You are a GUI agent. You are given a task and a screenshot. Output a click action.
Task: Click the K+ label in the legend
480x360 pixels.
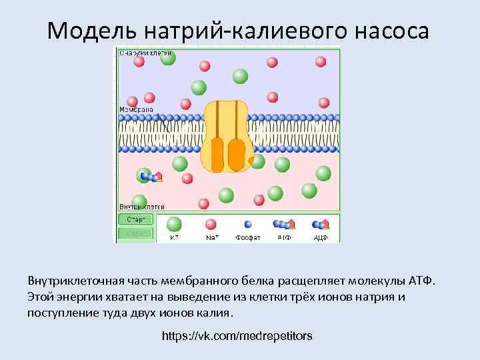[174, 237]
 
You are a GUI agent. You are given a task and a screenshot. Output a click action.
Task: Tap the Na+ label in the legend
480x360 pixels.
[211, 237]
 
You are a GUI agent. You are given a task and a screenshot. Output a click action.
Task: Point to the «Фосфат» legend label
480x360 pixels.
[247, 237]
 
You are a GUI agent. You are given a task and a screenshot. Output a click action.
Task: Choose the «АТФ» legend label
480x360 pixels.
[284, 237]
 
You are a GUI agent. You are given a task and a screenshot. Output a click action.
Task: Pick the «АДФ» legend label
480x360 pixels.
[321, 237]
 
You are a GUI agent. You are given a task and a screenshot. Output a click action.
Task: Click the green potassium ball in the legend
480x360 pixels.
[174, 224]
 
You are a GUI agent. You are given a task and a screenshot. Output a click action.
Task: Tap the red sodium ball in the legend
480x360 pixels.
[211, 224]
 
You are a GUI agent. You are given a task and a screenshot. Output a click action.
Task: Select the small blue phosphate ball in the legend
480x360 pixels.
[247, 224]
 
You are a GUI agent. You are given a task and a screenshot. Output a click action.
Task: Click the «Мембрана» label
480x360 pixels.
[136, 109]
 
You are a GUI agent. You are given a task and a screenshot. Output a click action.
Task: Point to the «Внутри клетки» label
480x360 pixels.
[142, 207]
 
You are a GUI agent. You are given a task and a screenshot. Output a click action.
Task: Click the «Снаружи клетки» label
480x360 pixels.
[145, 53]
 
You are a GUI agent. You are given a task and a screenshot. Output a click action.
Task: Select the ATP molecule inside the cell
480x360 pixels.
[152, 177]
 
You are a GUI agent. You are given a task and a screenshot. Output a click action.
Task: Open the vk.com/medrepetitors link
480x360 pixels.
[237, 335]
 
